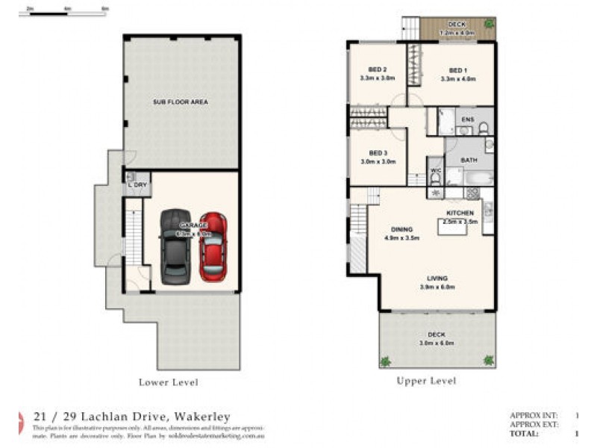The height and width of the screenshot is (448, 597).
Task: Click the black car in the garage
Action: point(176,246)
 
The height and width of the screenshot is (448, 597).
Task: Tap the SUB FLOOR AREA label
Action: point(181,102)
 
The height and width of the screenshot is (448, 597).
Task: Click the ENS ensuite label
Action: point(468,119)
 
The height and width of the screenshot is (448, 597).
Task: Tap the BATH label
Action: point(469,160)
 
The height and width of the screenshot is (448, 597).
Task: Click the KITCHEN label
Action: point(460,213)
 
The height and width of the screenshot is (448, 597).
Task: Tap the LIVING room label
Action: point(438,278)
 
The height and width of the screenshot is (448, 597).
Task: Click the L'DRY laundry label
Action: point(137,184)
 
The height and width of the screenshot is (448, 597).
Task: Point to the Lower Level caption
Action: point(169,382)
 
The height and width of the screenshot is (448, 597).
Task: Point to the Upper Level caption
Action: point(426,381)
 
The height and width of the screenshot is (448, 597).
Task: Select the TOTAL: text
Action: point(525,433)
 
